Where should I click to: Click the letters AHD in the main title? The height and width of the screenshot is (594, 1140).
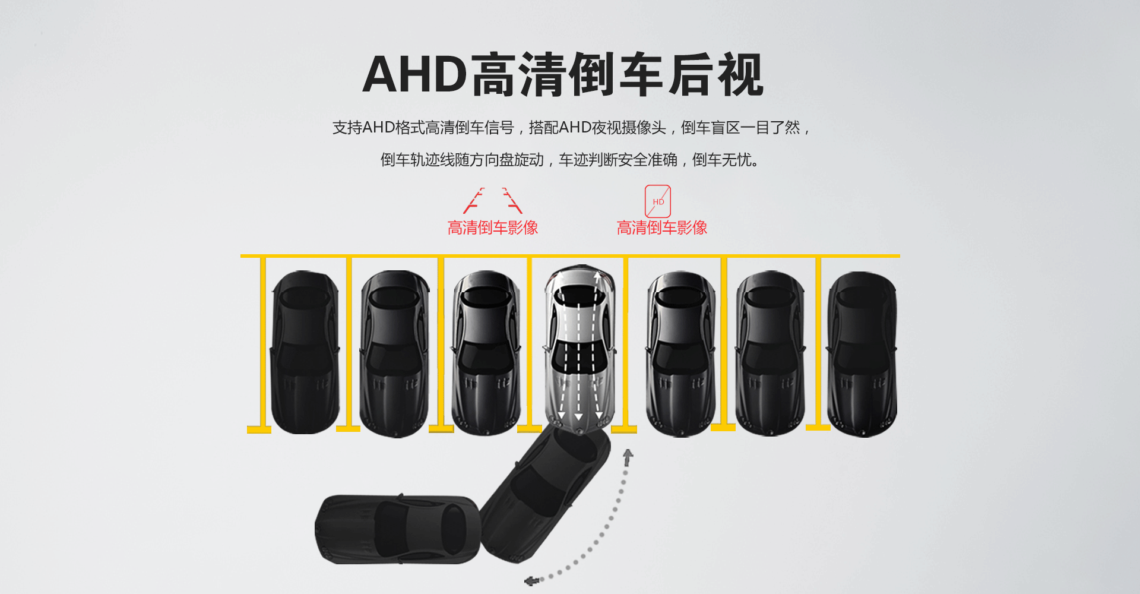point(415,74)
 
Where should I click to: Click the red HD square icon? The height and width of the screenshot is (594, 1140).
point(658,201)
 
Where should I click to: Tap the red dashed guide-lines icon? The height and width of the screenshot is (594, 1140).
point(492,201)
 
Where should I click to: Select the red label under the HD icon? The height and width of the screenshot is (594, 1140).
point(662,228)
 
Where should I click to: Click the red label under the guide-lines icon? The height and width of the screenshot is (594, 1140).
point(493,228)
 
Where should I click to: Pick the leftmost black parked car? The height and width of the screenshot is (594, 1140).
point(305,352)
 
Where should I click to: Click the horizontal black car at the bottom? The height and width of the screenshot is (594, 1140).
point(397,529)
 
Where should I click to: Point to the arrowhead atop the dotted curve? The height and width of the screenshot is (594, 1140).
point(628,455)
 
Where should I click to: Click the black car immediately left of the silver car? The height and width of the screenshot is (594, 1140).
point(486,353)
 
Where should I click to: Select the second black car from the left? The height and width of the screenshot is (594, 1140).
point(395,354)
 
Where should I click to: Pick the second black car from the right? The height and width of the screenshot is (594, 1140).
point(771,354)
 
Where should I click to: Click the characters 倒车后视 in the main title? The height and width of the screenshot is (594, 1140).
point(665,74)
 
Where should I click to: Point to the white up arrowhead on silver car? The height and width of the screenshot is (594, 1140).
point(597,276)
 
